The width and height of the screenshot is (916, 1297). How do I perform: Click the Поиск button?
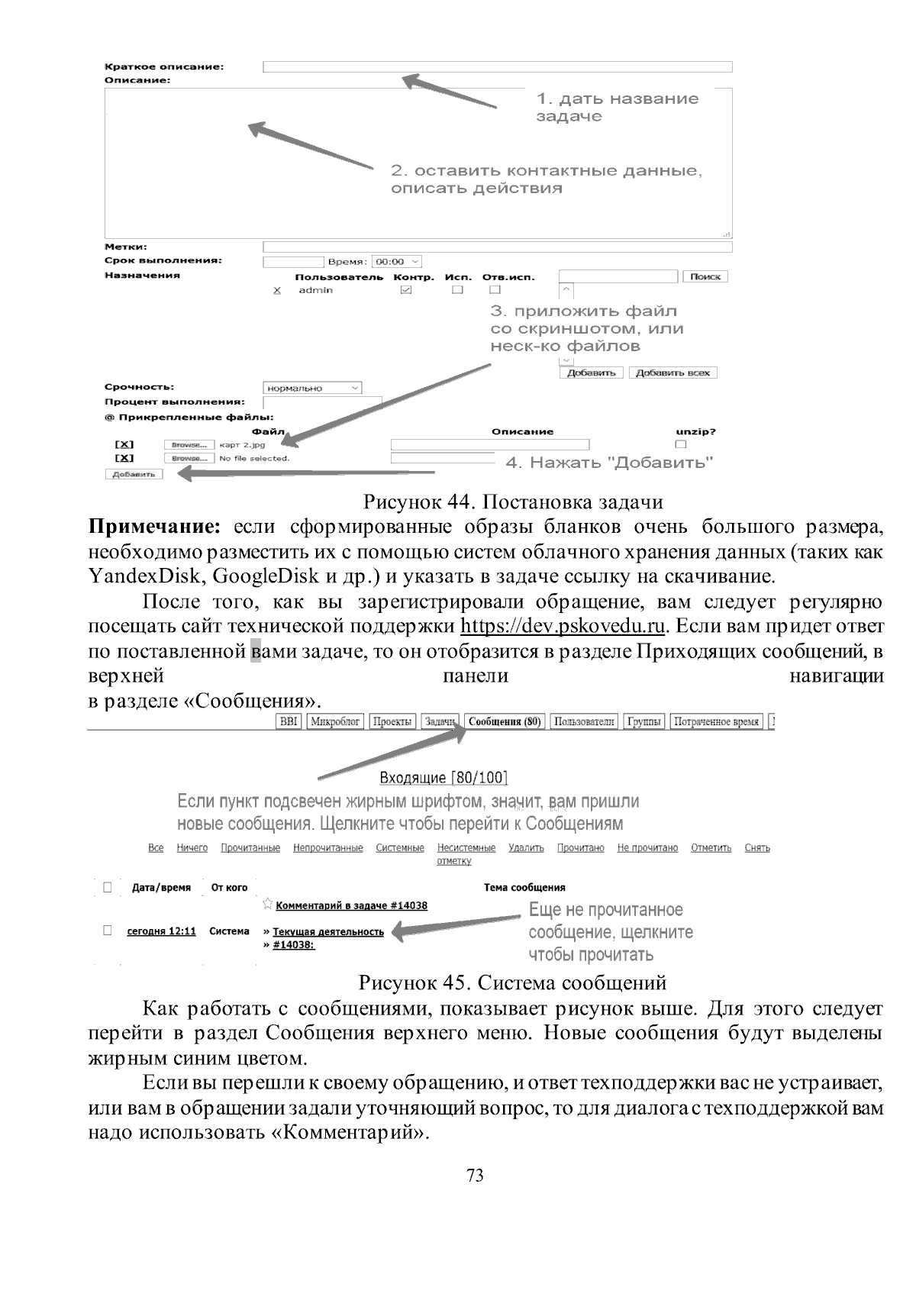(705, 276)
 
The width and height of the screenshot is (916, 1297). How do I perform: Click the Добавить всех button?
(672, 373)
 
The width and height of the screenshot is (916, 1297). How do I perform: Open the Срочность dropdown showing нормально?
(312, 388)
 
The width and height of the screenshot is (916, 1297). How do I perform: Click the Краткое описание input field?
(497, 66)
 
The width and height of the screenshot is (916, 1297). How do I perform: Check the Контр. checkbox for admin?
(406, 290)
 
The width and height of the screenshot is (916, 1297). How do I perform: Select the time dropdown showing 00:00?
(396, 262)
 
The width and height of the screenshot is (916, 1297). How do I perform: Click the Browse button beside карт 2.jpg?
(189, 444)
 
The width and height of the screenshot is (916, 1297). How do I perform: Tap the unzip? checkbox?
(681, 444)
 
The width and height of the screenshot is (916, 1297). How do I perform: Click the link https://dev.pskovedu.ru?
(563, 627)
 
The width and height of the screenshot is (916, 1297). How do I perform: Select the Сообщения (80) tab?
(505, 721)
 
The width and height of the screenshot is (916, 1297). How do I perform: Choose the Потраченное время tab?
(716, 721)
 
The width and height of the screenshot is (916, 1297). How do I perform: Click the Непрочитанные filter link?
(327, 848)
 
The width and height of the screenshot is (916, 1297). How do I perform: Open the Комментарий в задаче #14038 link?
(351, 905)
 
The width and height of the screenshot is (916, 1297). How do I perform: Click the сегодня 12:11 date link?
(161, 931)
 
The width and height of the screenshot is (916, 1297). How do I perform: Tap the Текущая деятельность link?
(328, 932)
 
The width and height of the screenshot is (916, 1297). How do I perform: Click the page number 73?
(475, 1176)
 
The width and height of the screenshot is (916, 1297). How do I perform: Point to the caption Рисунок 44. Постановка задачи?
(512, 502)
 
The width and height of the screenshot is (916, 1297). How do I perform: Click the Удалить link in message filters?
(526, 848)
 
